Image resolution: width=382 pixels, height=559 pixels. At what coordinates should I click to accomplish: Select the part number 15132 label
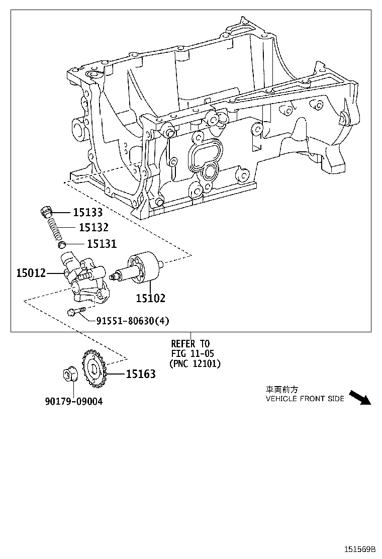coord(93,228)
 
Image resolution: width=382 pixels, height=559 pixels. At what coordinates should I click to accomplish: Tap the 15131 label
coord(102,244)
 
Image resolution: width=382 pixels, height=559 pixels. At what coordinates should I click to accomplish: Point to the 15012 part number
coord(31,273)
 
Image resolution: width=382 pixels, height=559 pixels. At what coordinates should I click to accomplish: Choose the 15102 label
coord(150,298)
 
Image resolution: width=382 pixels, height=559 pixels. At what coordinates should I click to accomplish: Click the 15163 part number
coord(140,374)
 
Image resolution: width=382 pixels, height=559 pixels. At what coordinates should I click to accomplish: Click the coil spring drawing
coord(53,229)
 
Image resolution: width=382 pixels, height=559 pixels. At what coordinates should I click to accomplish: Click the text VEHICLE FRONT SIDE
coord(305,399)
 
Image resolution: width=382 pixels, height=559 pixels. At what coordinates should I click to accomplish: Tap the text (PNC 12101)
coord(195,363)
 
